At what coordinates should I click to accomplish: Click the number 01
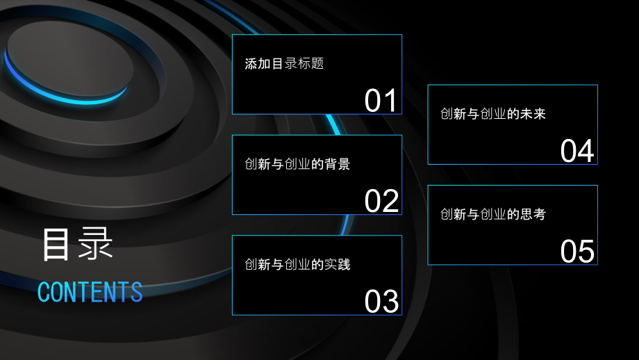380,100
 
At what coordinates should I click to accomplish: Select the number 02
381,201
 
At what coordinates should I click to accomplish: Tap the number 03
381,302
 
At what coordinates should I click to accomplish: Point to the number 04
577,151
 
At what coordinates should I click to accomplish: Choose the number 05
577,251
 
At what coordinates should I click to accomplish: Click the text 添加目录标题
285,64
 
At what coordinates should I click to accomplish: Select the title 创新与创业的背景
297,164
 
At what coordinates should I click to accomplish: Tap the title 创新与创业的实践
297,265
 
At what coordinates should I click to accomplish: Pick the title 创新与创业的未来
493,114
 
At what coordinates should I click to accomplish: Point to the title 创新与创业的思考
493,214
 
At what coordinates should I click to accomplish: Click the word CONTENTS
90,291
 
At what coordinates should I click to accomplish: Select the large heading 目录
77,244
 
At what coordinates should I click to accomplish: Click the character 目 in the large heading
56,244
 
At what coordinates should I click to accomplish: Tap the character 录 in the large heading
95,244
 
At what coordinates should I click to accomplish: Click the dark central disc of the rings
70,59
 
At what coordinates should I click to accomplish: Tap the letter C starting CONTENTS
43,292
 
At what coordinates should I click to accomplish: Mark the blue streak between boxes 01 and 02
333,124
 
